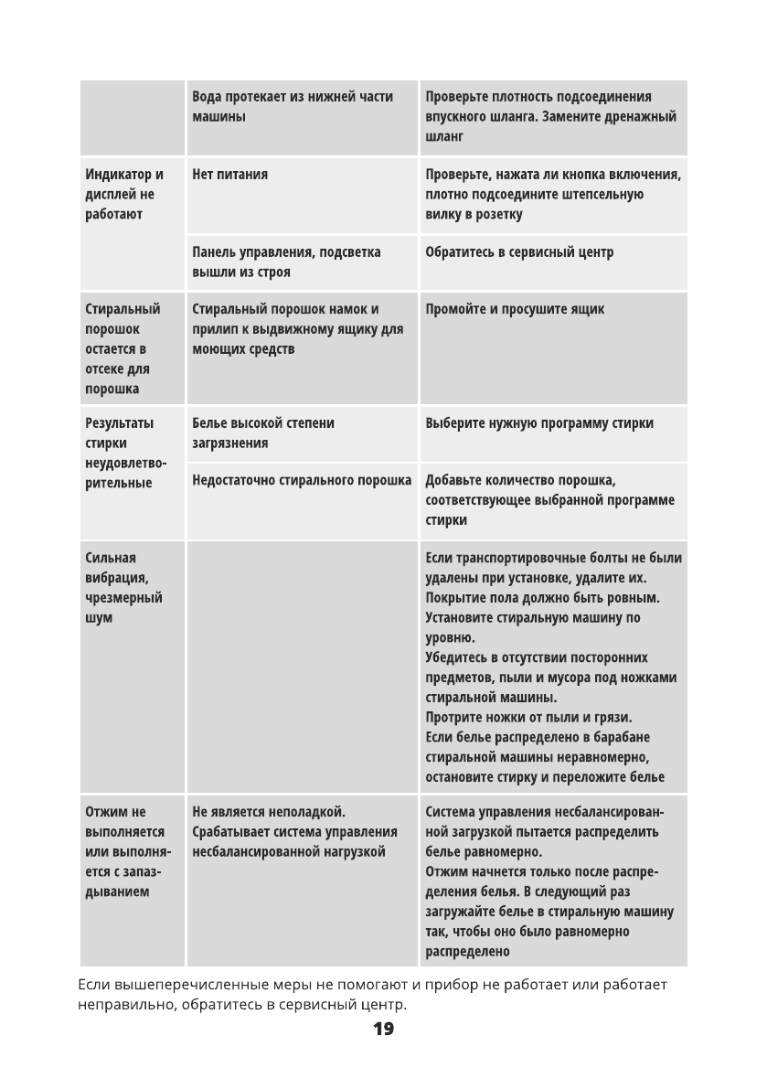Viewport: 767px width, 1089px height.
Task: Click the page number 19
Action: (x=383, y=1030)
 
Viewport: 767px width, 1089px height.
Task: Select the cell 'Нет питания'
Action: (x=230, y=175)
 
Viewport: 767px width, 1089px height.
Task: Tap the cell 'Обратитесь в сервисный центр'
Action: (x=519, y=252)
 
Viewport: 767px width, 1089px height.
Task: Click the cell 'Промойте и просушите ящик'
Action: (x=515, y=309)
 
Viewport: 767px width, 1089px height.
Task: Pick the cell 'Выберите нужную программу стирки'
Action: (x=539, y=423)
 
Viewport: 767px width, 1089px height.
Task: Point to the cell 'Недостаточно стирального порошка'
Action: (x=302, y=480)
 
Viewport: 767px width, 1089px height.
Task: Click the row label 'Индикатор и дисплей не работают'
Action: (x=124, y=194)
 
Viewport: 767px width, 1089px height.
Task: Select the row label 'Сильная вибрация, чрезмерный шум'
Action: (x=123, y=588)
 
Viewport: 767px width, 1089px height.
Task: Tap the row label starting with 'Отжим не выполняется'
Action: (x=125, y=851)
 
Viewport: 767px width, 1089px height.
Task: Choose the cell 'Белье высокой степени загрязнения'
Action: (x=263, y=433)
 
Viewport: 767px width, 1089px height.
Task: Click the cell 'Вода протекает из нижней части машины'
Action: (x=293, y=107)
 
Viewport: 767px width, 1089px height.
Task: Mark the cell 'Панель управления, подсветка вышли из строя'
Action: (x=286, y=262)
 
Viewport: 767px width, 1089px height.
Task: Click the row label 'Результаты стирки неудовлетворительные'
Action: (x=126, y=453)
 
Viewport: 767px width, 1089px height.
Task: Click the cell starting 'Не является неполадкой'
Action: (x=294, y=831)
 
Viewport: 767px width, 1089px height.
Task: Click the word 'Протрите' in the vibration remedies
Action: (x=453, y=717)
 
